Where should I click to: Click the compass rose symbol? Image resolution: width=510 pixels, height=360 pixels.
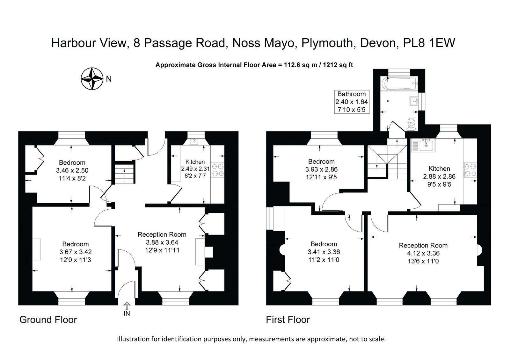(92, 79)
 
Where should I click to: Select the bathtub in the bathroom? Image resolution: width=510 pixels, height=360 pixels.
(399, 83)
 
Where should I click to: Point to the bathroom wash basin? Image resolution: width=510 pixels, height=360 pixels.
(414, 101)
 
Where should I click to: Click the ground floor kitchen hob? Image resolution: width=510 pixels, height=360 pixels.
(218, 170)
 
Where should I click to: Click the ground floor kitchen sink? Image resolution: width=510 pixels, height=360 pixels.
(194, 142)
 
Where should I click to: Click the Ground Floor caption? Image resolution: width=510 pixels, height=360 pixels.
(48, 320)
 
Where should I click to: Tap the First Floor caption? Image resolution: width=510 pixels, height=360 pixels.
(288, 320)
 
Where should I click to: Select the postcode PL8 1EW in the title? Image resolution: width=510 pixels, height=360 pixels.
(429, 43)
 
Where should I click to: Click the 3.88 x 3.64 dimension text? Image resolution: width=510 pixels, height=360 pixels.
(162, 242)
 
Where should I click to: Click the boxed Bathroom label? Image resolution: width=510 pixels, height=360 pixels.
(352, 102)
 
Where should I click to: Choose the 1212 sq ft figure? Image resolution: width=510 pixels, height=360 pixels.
(338, 65)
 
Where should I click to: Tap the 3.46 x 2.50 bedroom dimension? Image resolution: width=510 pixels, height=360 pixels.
(72, 170)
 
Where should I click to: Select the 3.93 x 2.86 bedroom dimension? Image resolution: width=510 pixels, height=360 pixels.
(321, 169)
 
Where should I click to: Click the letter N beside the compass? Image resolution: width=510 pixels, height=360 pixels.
(109, 79)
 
